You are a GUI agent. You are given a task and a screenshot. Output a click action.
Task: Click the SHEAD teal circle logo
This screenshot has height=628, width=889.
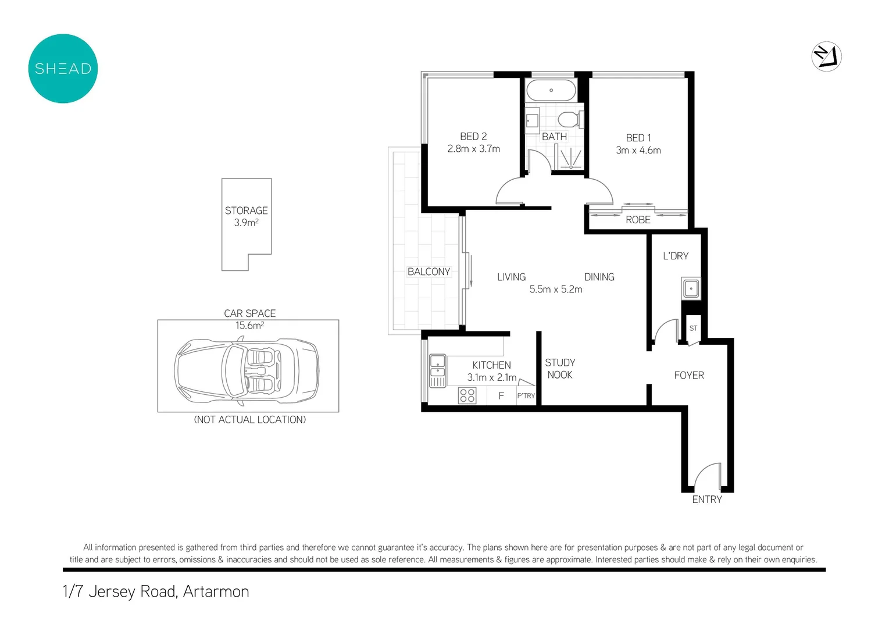(63, 69)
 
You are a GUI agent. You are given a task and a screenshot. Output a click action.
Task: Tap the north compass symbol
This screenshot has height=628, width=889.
(826, 57)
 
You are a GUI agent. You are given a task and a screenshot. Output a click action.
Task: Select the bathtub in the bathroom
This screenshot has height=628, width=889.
(551, 91)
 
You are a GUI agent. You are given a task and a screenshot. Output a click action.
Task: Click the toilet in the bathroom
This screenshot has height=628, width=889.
(568, 120)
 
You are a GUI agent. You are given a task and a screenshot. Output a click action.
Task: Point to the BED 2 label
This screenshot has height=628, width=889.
(473, 136)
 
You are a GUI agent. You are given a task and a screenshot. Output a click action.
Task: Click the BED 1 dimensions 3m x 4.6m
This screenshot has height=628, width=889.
(638, 150)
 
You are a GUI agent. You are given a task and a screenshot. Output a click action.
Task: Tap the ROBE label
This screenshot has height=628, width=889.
(638, 220)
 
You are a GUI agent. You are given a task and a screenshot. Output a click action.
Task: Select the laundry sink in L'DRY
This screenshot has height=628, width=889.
(691, 288)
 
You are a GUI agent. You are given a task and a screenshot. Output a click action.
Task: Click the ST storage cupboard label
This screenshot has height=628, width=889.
(693, 329)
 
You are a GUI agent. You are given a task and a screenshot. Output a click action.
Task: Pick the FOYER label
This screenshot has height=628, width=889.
(689, 376)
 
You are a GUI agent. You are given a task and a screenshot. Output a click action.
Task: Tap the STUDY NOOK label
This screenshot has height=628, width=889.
(560, 369)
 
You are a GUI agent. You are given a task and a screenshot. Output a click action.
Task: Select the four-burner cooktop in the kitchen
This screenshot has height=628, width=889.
(467, 395)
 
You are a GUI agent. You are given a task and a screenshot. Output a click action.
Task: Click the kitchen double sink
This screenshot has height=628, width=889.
(437, 370)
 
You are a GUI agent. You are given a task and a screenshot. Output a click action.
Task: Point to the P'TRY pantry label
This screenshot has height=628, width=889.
(526, 395)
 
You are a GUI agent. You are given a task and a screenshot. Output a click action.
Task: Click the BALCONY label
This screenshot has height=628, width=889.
(429, 272)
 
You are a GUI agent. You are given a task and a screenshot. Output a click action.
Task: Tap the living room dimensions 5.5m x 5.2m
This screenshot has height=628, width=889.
(555, 290)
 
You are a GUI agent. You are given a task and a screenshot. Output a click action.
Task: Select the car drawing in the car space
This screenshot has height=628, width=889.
(247, 369)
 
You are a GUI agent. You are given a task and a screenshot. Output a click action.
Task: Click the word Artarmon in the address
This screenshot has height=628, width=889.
(216, 591)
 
